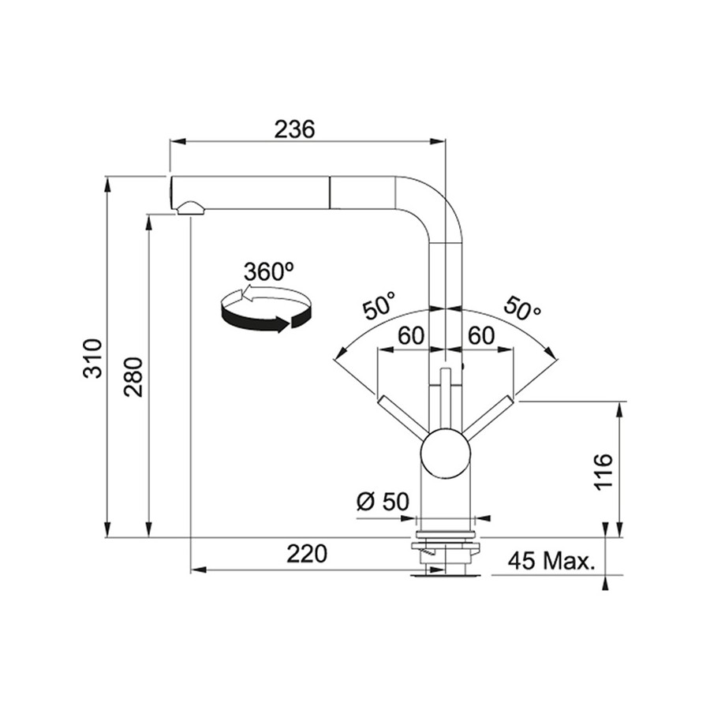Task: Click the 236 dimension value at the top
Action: [x=294, y=129]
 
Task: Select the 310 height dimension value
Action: [x=94, y=357]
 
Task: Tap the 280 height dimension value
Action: [x=133, y=377]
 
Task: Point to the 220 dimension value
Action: [x=307, y=553]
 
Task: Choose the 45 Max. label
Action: [x=551, y=562]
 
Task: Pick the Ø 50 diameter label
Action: [x=383, y=501]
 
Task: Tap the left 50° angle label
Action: [x=379, y=306]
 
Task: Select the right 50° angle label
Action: [x=521, y=308]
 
